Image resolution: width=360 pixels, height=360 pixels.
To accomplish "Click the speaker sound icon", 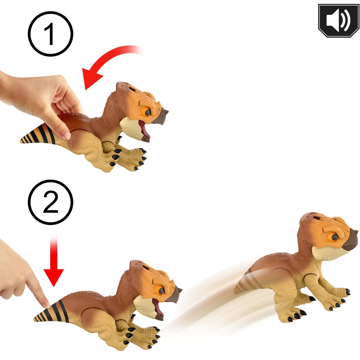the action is click(x=339, y=20).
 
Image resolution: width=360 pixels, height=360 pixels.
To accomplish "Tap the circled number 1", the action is click(x=51, y=34).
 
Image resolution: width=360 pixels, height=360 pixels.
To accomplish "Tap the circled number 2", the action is click(x=51, y=202).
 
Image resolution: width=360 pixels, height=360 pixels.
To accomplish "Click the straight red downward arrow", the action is click(x=54, y=262).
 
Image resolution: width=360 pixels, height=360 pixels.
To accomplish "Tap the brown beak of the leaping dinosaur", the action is click(x=350, y=240).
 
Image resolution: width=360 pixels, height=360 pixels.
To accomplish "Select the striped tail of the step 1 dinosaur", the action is click(x=38, y=134).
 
